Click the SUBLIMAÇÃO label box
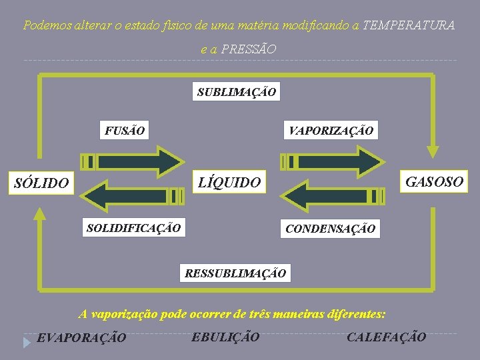237,92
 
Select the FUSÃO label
124,130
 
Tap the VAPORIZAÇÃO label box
331,130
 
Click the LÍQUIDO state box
231,182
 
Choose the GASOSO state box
435,181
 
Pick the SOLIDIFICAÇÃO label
133,228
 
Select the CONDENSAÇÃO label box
330,229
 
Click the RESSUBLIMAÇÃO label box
235,273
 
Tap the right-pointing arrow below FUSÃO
131,161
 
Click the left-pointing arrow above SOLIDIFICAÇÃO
131,196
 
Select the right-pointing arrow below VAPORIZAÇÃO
331,161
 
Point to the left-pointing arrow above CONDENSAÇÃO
331,196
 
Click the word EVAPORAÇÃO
81,338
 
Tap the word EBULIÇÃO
225,337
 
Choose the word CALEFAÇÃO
386,337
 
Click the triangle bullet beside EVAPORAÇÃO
26,342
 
